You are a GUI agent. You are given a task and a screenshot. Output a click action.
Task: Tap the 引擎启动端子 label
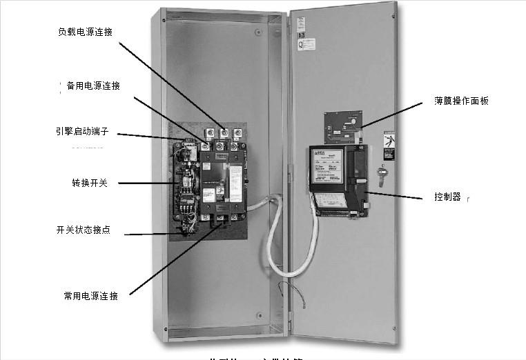81,130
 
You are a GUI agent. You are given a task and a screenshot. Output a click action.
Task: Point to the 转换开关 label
90,183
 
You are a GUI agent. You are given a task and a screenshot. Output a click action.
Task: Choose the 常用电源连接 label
91,296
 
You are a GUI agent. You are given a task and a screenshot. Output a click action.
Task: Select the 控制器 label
447,197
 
